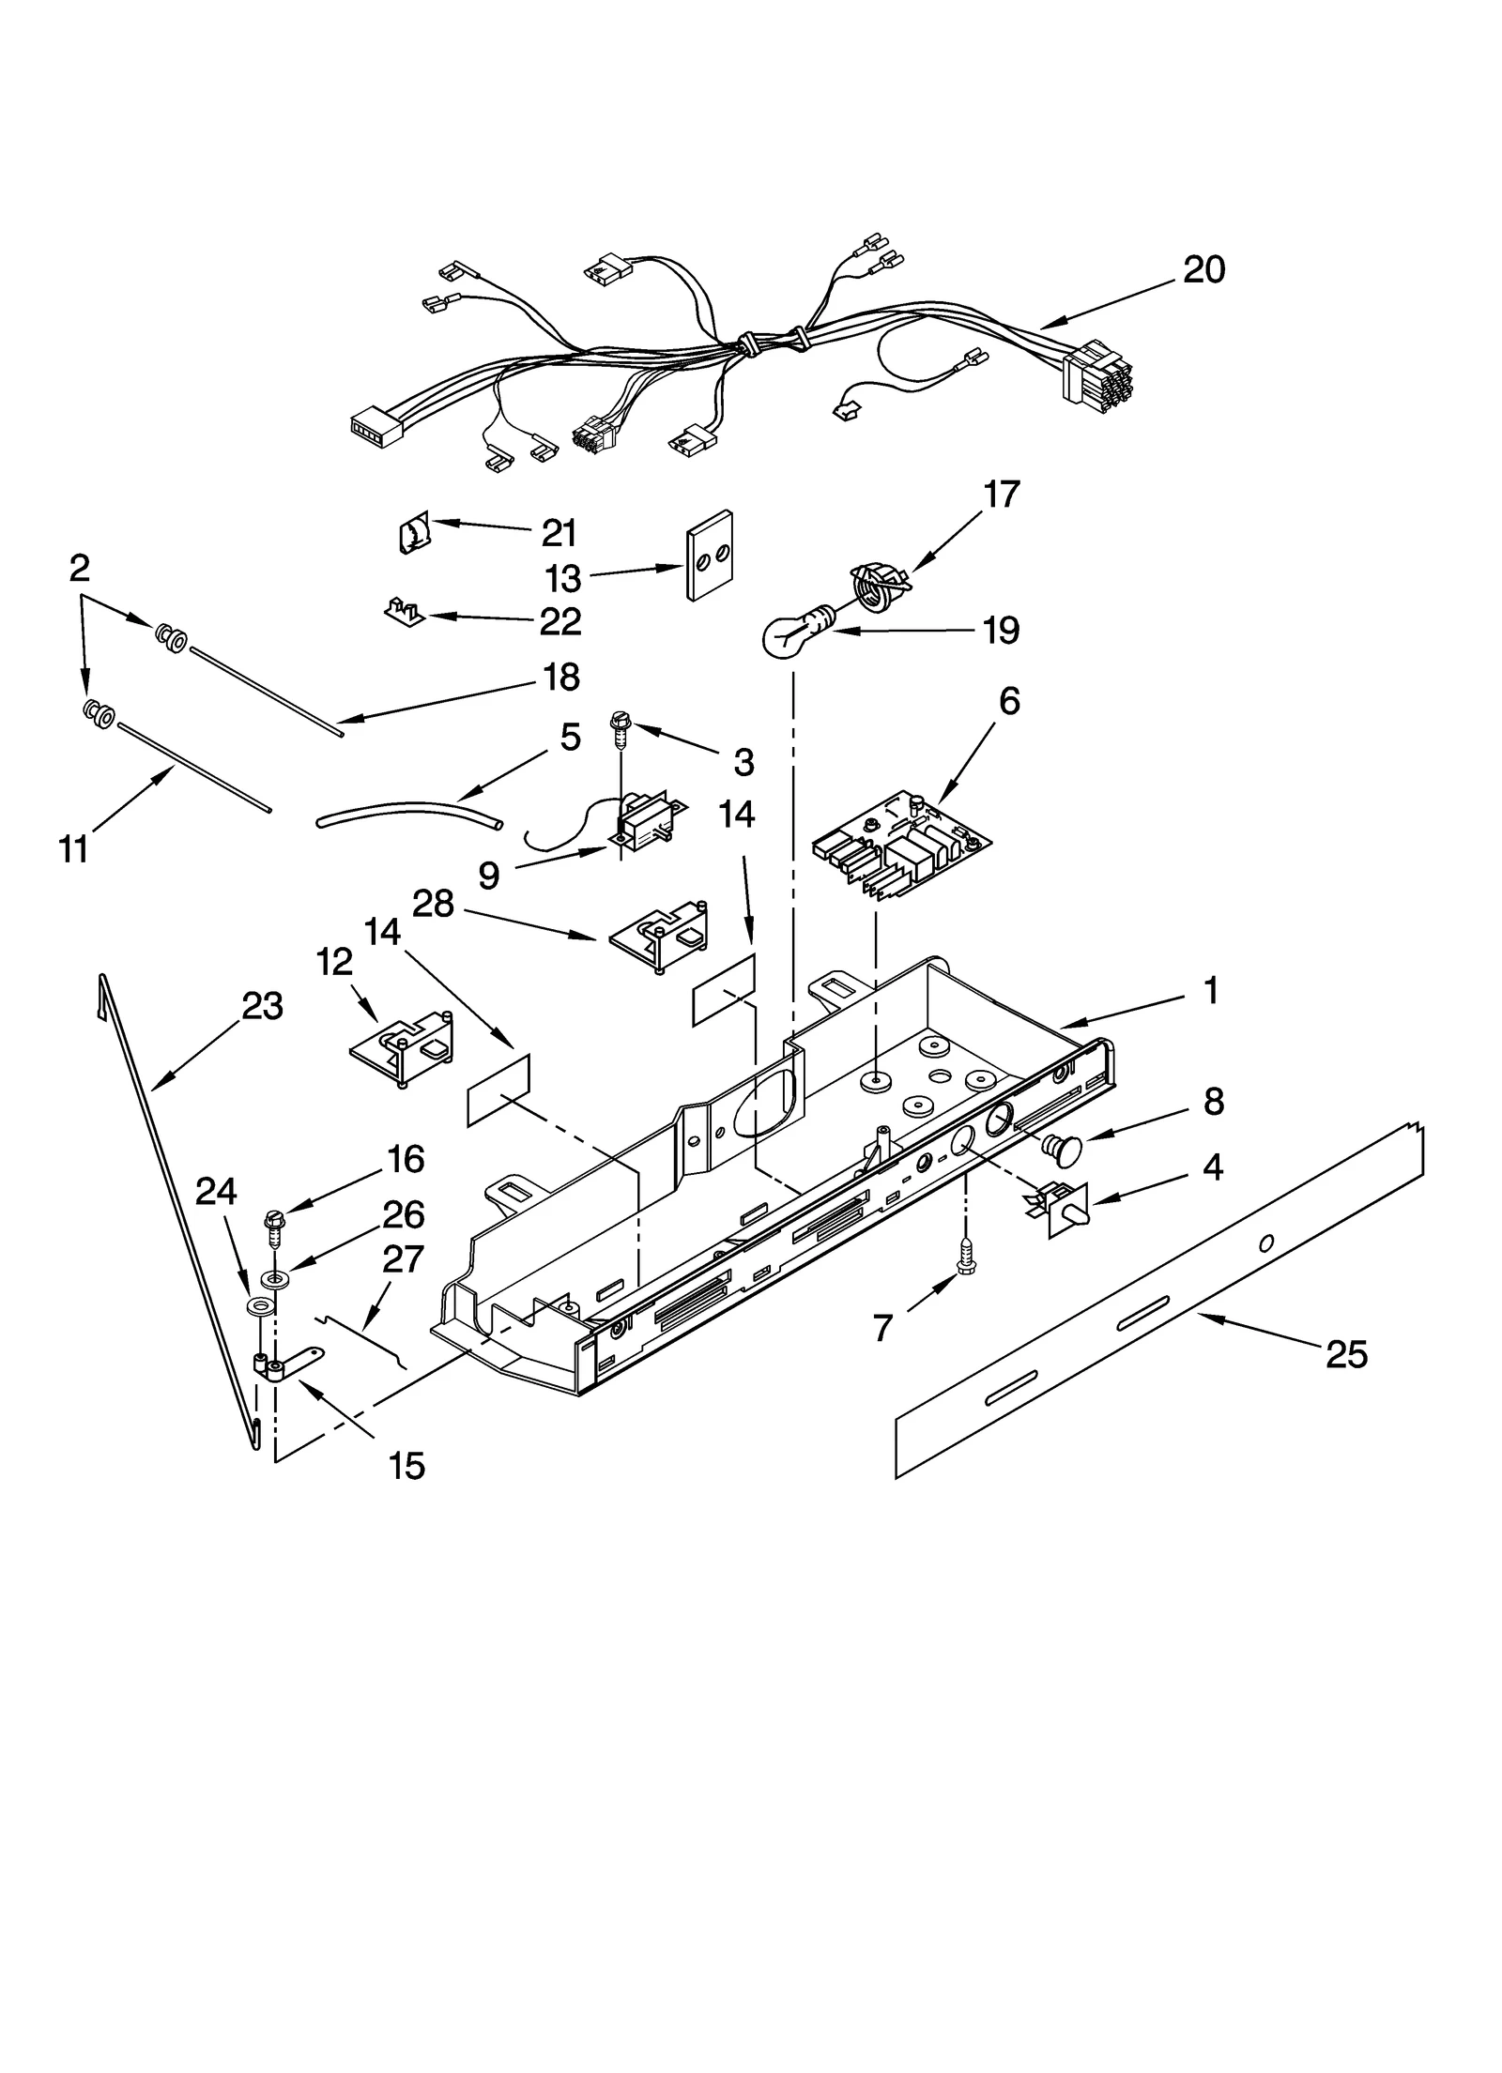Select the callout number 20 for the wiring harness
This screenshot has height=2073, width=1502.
1203,270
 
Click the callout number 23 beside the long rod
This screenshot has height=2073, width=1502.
262,1006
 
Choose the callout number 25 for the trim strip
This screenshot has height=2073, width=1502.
1346,1354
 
